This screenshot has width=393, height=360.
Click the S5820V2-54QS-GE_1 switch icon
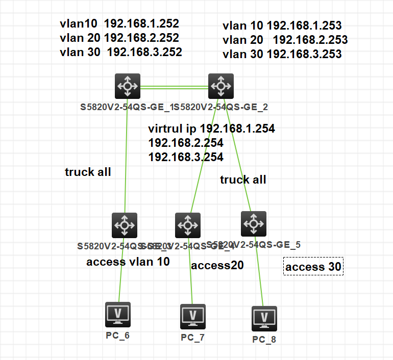(x=127, y=86)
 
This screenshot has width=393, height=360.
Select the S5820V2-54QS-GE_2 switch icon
(x=221, y=86)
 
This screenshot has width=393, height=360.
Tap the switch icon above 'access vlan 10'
(x=125, y=225)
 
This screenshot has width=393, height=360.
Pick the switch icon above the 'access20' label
(x=188, y=225)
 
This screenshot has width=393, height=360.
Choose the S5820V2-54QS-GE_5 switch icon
(x=253, y=222)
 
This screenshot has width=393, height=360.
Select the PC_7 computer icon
(x=193, y=317)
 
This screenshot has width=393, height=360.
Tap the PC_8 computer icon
(x=264, y=319)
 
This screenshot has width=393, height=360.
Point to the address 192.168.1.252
(x=141, y=23)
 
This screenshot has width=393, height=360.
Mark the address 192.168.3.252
(x=144, y=52)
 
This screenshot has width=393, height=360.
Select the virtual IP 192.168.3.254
(x=186, y=157)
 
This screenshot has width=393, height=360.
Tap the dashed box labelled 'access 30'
(x=313, y=267)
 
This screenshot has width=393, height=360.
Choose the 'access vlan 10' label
(x=128, y=262)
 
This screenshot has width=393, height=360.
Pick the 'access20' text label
(x=217, y=265)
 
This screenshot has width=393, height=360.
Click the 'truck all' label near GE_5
(x=243, y=179)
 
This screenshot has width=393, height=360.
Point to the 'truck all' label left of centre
(x=88, y=172)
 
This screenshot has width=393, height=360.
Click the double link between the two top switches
(x=174, y=88)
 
